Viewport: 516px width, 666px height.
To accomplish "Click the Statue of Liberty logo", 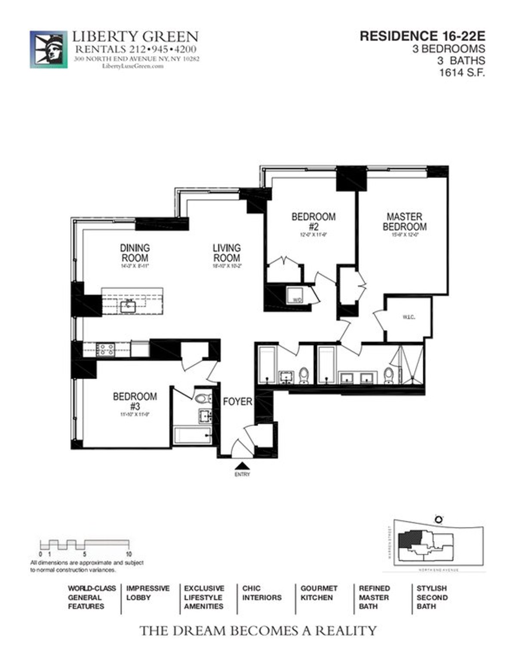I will click(48, 49).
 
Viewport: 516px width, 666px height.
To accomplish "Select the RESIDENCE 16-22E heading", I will click(422, 36).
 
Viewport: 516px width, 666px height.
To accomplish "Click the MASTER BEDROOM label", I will click(405, 222).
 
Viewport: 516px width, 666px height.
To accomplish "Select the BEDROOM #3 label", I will click(135, 401).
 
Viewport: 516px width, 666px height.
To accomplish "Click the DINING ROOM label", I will click(135, 253).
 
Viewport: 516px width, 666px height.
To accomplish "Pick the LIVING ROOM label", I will click(227, 253).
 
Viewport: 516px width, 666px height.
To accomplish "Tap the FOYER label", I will click(237, 402).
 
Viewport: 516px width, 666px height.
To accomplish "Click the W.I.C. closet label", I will click(408, 318).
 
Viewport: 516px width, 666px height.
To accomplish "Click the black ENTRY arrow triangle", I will click(242, 465).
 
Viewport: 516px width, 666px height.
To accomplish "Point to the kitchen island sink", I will click(128, 307).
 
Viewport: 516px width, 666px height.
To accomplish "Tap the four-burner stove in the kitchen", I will click(105, 350).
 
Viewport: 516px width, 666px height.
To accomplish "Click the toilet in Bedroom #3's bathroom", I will click(203, 399).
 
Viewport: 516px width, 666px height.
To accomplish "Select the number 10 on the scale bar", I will click(129, 554).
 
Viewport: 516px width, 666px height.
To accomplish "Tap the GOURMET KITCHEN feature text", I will click(319, 593).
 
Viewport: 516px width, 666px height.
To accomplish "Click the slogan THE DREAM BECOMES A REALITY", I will click(258, 631).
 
